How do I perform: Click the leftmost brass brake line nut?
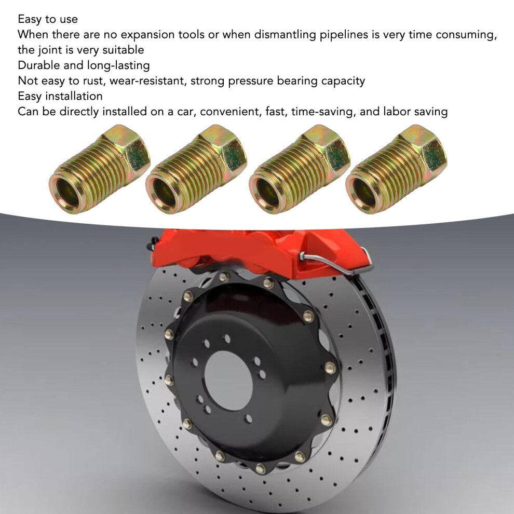tap(99, 169)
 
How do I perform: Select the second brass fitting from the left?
tap(197, 169)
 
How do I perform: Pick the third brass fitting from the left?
tap(300, 169)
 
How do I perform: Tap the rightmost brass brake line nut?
tap(396, 169)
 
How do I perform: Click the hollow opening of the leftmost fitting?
tap(67, 194)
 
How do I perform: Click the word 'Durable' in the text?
tap(39, 65)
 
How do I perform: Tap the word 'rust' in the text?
tap(93, 81)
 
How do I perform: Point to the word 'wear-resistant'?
tap(148, 81)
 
